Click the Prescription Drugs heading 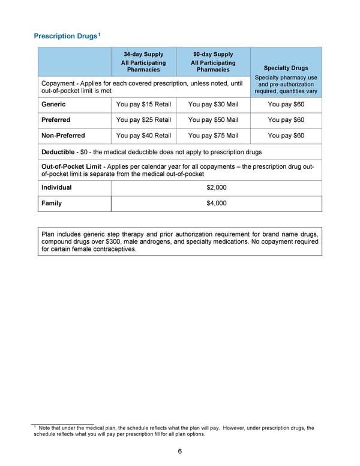tap(65, 36)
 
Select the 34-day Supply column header tap(143, 54)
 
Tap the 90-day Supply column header tap(213, 54)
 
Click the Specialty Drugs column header tap(286, 68)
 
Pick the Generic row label tap(53, 104)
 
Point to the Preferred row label tap(56, 120)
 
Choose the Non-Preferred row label tap(63, 136)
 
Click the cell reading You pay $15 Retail tap(143, 104)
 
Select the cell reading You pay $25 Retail tap(143, 120)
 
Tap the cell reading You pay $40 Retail tap(143, 136)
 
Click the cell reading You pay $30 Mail tap(213, 104)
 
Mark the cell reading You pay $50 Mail tap(213, 120)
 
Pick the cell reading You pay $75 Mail tap(213, 136)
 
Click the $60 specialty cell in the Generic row tap(286, 104)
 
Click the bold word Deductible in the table tap(58, 152)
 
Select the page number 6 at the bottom tap(180, 452)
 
